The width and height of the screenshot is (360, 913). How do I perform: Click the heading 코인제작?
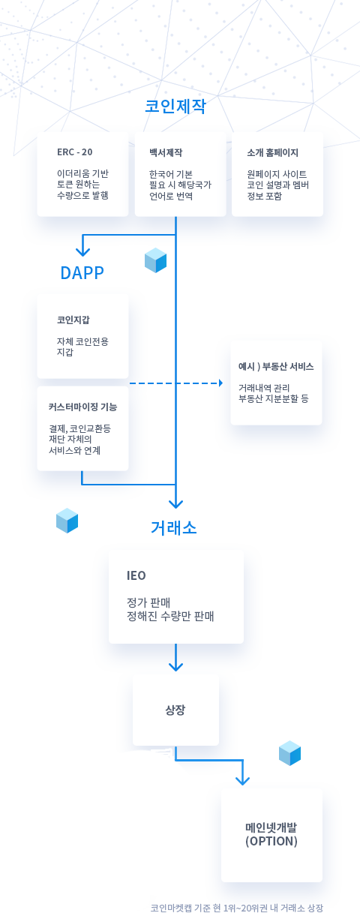click(x=175, y=107)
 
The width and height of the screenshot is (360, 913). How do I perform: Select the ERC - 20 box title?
click(x=75, y=152)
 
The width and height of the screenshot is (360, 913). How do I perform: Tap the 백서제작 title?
click(x=166, y=152)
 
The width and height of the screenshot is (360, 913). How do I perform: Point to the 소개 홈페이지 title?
click(x=272, y=152)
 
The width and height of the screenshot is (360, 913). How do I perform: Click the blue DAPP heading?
click(x=82, y=272)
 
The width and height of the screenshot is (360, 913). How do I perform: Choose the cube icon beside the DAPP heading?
click(x=155, y=260)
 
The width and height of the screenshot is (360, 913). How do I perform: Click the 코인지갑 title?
click(x=73, y=320)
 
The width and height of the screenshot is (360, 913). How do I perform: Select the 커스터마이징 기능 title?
click(x=82, y=407)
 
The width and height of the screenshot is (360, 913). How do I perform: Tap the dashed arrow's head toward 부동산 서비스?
click(x=220, y=383)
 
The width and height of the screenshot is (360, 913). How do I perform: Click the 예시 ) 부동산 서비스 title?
click(x=276, y=367)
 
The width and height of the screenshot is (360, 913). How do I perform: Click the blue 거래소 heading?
click(x=174, y=527)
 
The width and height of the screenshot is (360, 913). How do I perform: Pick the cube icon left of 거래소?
click(x=67, y=520)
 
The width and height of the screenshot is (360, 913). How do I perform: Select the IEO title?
click(x=136, y=576)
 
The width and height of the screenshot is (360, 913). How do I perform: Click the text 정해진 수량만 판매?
click(x=171, y=616)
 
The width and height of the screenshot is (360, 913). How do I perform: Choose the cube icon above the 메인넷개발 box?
click(x=289, y=753)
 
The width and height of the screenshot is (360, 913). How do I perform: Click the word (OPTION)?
click(x=271, y=842)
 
